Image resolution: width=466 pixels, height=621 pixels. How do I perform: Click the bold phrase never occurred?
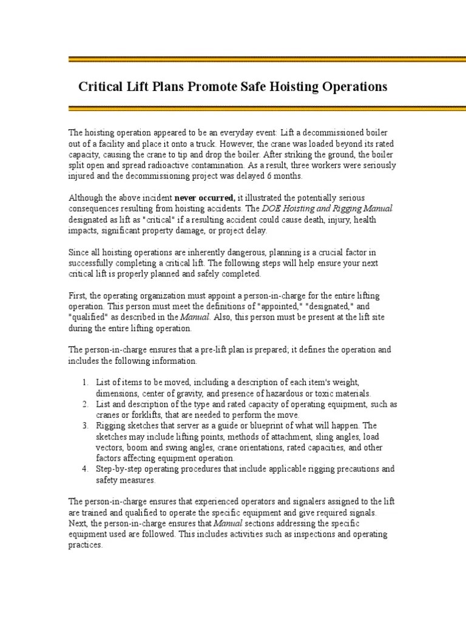click(204, 198)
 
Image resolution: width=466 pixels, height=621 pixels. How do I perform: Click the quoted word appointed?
click(272, 306)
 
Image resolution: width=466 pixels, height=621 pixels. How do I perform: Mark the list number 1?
click(84, 382)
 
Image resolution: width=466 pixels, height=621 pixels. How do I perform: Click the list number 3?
click(84, 426)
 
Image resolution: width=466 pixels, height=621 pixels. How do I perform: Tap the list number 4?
click(84, 469)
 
